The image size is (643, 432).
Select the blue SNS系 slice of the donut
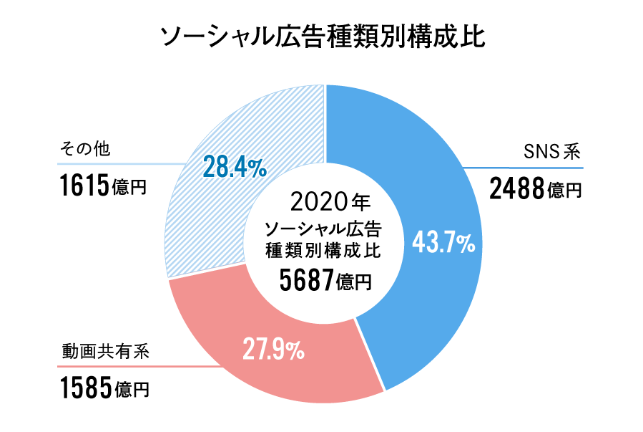[x=422, y=179]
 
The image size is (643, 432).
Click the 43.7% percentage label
[x=443, y=244]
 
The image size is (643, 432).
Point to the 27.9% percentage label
[x=273, y=350]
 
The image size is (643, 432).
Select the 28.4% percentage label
[x=235, y=167]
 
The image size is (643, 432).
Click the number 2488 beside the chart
[x=517, y=190]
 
